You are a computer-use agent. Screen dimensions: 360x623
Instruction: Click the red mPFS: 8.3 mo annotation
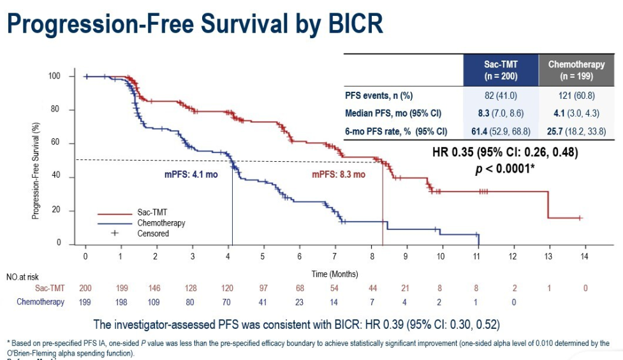(x=338, y=175)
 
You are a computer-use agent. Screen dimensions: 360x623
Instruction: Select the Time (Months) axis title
(x=335, y=274)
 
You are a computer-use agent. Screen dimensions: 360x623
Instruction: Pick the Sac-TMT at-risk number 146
(x=155, y=289)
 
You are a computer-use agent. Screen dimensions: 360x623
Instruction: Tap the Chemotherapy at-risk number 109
(x=155, y=302)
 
